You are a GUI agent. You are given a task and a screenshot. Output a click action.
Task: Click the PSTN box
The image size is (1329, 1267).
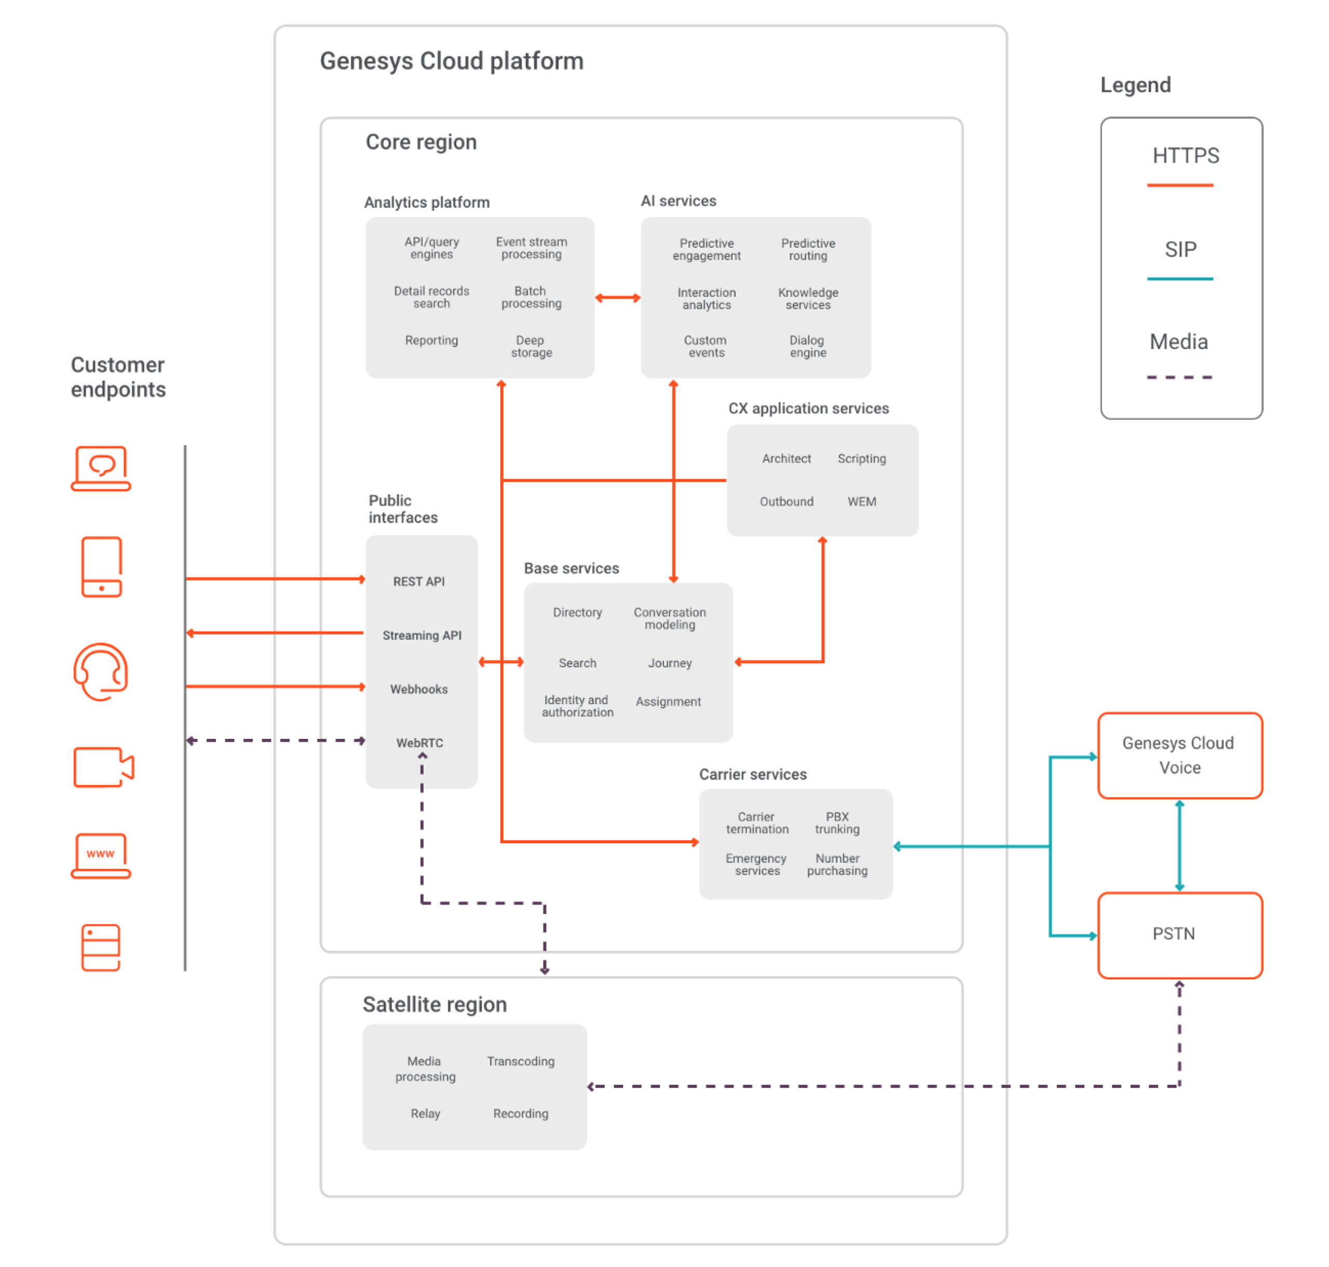coord(1179,935)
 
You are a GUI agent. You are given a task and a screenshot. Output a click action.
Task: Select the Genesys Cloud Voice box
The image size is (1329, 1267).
coord(1179,755)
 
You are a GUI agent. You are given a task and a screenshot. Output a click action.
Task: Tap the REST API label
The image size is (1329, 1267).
coord(419,582)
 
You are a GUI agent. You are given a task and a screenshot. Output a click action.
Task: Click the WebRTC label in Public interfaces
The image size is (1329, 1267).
coord(419,743)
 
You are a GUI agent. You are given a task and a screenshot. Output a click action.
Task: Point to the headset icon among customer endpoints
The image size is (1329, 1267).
coord(101,671)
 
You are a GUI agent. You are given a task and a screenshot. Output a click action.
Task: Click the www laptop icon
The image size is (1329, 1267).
coord(101,855)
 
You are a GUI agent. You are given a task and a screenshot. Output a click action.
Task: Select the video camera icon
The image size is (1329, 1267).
coord(103,767)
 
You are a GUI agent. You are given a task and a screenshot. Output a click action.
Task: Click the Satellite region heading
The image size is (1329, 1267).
coord(434,1004)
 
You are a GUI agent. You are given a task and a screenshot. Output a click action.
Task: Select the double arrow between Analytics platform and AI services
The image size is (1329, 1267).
coord(617,298)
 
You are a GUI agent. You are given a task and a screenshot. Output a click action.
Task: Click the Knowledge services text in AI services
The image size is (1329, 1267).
coord(808,299)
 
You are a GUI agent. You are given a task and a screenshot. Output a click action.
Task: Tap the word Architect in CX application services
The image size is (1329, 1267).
coord(786,459)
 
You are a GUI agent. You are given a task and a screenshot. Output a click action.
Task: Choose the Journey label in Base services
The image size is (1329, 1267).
coord(669,663)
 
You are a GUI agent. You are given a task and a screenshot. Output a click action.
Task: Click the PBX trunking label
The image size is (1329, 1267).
coord(837,823)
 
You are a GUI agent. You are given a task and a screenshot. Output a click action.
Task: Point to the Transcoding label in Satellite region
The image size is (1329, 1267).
coord(521,1061)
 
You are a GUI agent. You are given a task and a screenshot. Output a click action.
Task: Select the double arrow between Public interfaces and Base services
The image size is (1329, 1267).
coord(500,662)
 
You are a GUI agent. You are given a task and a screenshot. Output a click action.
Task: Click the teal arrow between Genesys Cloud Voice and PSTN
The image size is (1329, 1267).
coord(1179,845)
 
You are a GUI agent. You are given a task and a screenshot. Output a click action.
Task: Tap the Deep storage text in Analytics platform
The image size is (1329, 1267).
coord(531,346)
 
